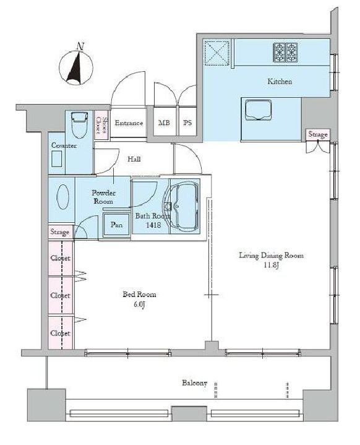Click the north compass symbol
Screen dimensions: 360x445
(76, 66)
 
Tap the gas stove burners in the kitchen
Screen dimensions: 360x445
(285, 53)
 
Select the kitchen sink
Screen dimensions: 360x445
(258, 110)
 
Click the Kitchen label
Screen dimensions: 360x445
(280, 82)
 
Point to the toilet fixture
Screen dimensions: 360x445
(79, 125)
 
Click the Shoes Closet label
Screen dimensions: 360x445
(101, 125)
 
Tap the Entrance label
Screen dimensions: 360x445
(129, 123)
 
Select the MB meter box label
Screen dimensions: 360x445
(164, 123)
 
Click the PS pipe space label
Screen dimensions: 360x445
(187, 123)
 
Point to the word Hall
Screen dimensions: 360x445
(134, 159)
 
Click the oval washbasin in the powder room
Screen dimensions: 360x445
(62, 197)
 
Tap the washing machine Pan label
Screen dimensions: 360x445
(116, 225)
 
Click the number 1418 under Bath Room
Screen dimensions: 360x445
(153, 225)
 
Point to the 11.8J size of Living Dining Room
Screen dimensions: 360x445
(271, 266)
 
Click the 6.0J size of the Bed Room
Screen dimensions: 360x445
(139, 305)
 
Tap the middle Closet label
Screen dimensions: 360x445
(60, 295)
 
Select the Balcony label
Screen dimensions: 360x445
(195, 383)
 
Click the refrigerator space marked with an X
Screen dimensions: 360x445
(216, 53)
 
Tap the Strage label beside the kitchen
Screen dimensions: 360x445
(318, 134)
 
